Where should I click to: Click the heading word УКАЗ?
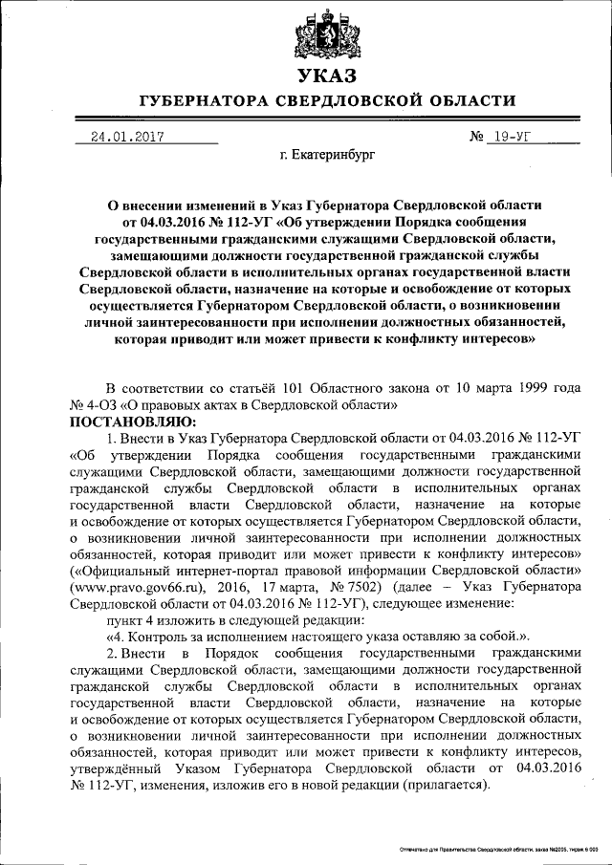pos(325,76)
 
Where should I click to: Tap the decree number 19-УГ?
pos(514,137)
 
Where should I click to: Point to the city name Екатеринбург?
pos(327,153)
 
